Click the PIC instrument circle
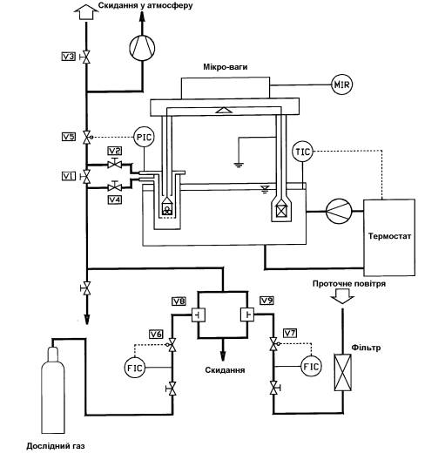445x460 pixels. [x=145, y=137]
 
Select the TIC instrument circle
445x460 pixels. [x=302, y=152]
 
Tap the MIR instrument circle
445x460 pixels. [x=342, y=85]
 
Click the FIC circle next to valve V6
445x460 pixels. [x=135, y=368]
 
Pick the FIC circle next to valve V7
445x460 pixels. [x=311, y=367]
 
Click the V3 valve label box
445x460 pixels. [x=68, y=56]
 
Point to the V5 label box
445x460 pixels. [x=68, y=137]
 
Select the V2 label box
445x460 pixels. [x=115, y=151]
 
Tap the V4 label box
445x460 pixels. [x=115, y=200]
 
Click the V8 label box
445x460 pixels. [x=179, y=301]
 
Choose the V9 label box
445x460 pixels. [x=266, y=301]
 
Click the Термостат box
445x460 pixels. [x=389, y=237]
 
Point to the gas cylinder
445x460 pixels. [x=53, y=389]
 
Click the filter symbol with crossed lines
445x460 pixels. [x=343, y=372]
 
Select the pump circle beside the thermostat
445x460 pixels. [x=339, y=211]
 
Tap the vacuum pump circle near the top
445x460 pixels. [x=142, y=48]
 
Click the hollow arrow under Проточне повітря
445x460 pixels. [x=342, y=296]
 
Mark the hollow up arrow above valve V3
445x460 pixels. [x=86, y=13]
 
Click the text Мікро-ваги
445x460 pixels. [x=226, y=67]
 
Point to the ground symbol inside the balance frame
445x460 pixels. [x=239, y=165]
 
